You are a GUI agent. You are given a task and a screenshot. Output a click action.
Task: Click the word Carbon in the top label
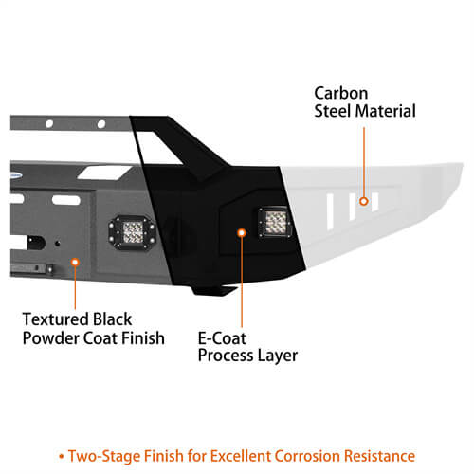(341, 94)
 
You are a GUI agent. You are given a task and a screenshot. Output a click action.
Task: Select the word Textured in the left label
(56, 319)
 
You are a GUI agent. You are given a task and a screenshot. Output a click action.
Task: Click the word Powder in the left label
(50, 338)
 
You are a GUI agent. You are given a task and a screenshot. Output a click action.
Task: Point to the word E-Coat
(222, 338)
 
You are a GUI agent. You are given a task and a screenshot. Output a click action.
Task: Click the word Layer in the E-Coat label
(278, 356)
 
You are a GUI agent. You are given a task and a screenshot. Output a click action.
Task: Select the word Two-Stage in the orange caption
(104, 456)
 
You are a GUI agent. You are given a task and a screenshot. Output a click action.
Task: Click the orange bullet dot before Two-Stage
(62, 457)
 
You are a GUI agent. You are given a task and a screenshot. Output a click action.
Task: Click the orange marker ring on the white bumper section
(364, 201)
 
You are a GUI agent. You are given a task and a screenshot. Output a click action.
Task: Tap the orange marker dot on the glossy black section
(242, 233)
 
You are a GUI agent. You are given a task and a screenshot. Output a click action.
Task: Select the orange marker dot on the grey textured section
(75, 262)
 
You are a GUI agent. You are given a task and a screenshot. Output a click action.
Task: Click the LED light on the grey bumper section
(133, 232)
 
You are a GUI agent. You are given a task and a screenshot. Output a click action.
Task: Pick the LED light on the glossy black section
(275, 222)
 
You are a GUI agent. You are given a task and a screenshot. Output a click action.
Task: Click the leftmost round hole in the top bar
(49, 124)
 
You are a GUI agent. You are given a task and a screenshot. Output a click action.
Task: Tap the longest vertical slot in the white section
(330, 211)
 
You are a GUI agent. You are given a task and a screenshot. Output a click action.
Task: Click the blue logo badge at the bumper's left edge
(16, 174)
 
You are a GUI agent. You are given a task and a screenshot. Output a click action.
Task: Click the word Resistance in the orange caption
(379, 456)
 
